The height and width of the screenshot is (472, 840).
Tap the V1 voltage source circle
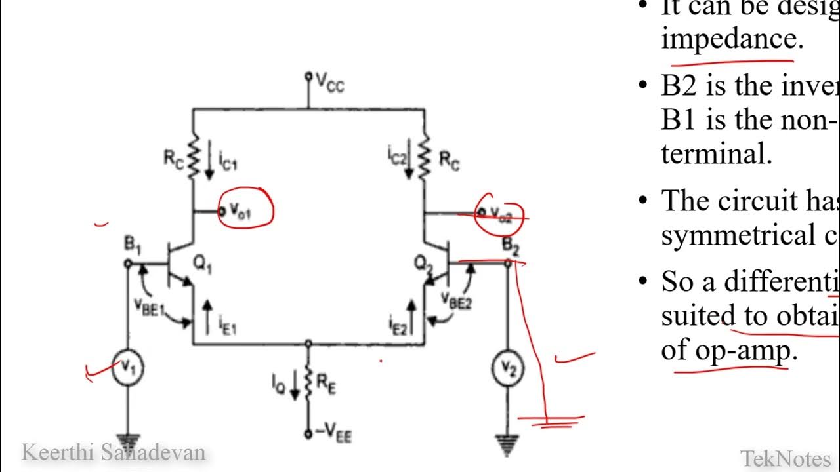pyautogui.click(x=127, y=368)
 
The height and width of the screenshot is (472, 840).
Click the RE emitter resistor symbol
pyautogui.click(x=308, y=385)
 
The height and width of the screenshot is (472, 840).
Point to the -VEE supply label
pyautogui.click(x=333, y=434)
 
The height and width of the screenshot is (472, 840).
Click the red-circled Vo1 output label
pyautogui.click(x=241, y=210)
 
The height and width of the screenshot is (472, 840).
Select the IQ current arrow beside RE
pyautogui.click(x=294, y=385)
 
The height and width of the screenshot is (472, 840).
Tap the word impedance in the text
pyautogui.click(x=732, y=39)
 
